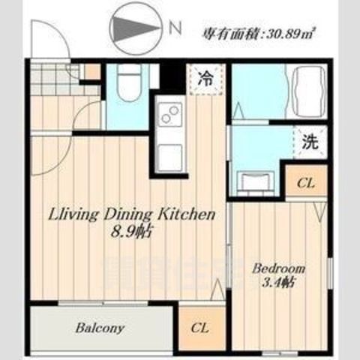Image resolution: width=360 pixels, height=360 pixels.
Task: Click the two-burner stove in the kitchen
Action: point(169,116)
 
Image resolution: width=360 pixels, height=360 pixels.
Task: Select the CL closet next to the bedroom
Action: point(304,181)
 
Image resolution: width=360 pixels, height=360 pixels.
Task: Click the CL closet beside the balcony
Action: point(199,327)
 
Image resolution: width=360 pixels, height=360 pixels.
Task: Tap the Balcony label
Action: point(100,328)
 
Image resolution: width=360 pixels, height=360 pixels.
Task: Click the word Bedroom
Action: point(277,268)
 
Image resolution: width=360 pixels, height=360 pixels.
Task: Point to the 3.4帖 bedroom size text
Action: point(278,283)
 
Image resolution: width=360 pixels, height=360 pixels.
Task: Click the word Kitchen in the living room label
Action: point(189,214)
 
